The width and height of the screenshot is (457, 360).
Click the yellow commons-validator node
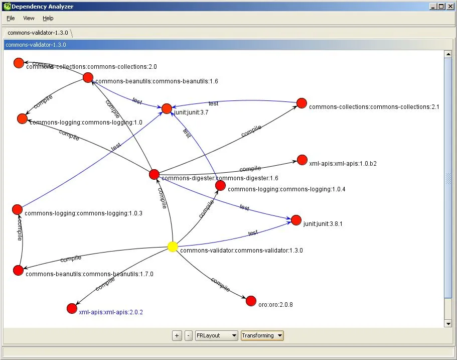coord(173,247)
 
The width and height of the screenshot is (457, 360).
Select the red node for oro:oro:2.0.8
coord(251,301)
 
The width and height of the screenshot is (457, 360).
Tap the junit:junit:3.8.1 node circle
coord(296,220)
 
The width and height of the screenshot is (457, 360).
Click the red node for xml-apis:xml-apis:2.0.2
coord(72,308)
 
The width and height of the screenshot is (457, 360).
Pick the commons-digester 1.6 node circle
coord(155,174)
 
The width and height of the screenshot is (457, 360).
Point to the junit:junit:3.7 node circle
coord(167,108)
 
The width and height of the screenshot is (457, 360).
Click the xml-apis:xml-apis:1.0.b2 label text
coord(343,164)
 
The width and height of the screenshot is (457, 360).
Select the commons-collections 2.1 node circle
coord(301,103)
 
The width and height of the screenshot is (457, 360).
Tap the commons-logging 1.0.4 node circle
coord(220,186)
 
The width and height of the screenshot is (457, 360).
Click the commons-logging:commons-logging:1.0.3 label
coord(83,213)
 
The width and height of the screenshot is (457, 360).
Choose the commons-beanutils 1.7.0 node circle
coord(19,270)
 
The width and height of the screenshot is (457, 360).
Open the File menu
coord(11,18)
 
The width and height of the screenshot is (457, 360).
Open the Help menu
coord(48,18)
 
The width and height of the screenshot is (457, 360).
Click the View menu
coord(29,18)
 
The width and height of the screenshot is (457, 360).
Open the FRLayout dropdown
coord(217,335)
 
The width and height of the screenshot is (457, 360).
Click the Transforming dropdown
coord(262,335)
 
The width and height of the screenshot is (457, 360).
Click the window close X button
coord(449,6)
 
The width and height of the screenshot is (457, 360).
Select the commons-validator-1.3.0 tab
coord(38,33)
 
